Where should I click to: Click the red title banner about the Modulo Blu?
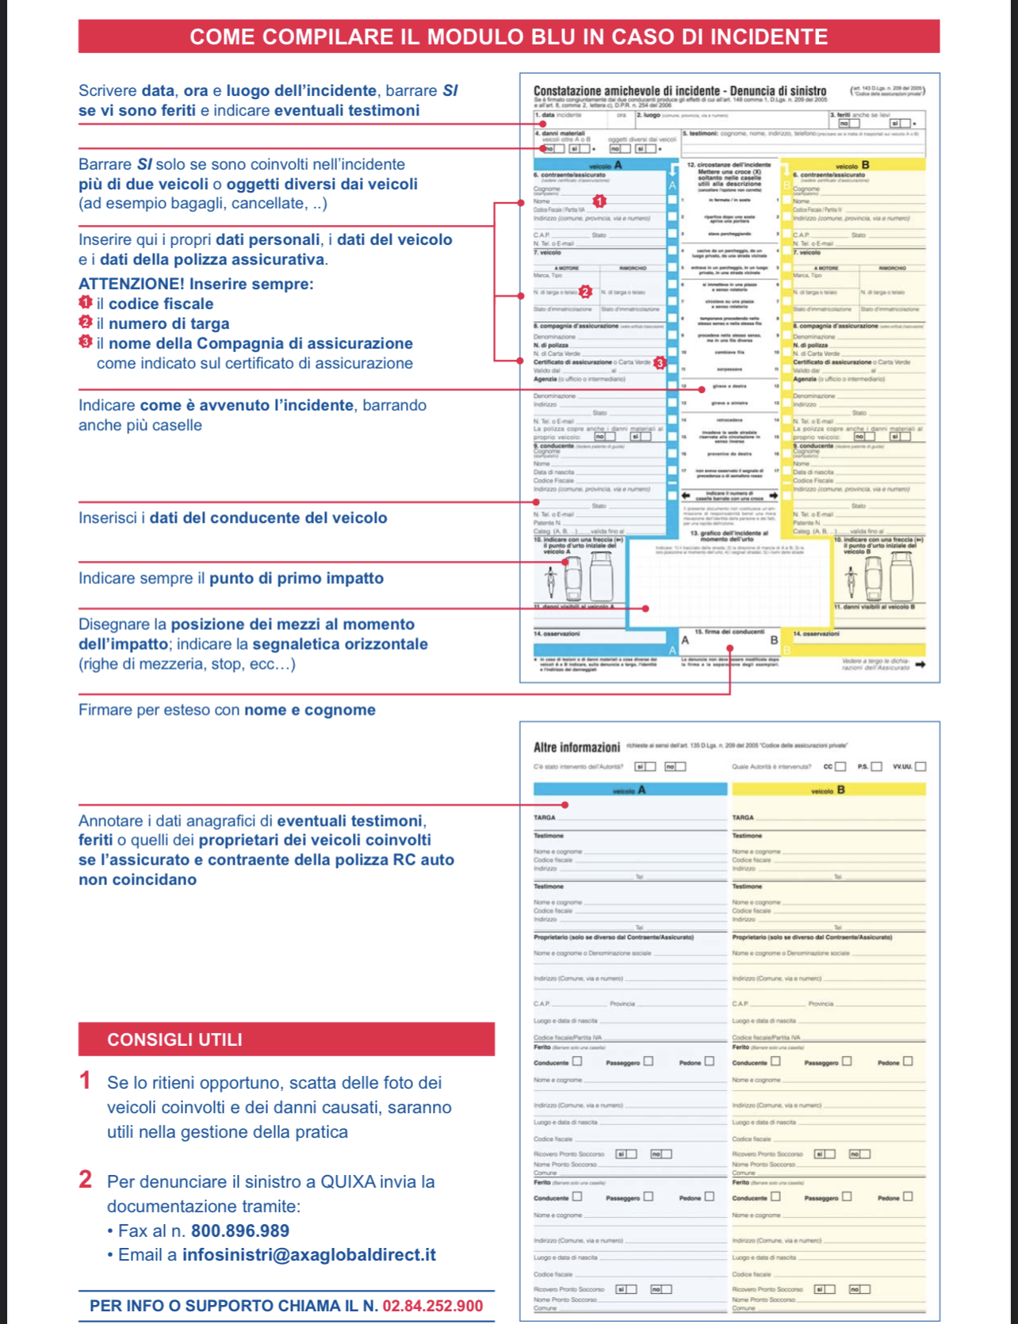pos(508,36)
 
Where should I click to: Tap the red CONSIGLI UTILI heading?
pos(174,1040)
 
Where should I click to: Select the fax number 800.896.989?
pos(240,1231)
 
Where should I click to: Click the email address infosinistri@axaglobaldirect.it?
pos(309,1255)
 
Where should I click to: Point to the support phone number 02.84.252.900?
pos(433,1306)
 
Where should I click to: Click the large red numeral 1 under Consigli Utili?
pos(86,1081)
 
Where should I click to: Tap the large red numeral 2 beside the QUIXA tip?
pos(86,1180)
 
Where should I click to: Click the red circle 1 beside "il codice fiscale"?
pos(86,302)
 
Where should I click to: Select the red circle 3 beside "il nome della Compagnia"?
pos(86,342)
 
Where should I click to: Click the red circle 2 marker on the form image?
pos(585,292)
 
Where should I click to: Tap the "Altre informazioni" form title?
pos(576,747)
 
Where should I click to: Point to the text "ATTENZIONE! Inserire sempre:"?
pos(196,284)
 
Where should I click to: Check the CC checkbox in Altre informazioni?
pos(840,766)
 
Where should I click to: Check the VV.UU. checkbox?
pos(920,766)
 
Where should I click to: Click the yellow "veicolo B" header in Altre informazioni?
pos(829,790)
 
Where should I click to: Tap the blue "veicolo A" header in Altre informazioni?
pos(630,790)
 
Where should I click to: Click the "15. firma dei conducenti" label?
pos(729,631)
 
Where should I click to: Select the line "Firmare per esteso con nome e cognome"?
pos(227,710)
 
